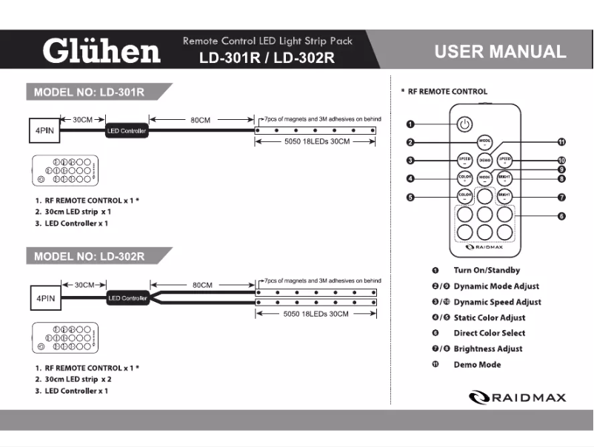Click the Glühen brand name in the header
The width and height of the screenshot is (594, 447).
coord(101,51)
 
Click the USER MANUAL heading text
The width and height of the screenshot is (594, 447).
coord(500,52)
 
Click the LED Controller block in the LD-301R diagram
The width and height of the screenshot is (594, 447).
coord(127,131)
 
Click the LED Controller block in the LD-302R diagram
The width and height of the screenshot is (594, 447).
coord(127,298)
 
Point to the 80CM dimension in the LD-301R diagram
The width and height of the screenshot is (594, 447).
coord(200,120)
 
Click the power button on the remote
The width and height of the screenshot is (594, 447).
coord(464,124)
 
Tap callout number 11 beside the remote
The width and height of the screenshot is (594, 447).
coord(561,142)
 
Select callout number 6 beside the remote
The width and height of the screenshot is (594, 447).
coord(561,216)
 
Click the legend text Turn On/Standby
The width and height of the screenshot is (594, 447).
coord(487,270)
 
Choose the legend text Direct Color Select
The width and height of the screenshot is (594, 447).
coord(490,333)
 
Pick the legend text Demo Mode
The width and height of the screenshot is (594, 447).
coord(477,364)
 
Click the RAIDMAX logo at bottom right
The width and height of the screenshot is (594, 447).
coord(518,397)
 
